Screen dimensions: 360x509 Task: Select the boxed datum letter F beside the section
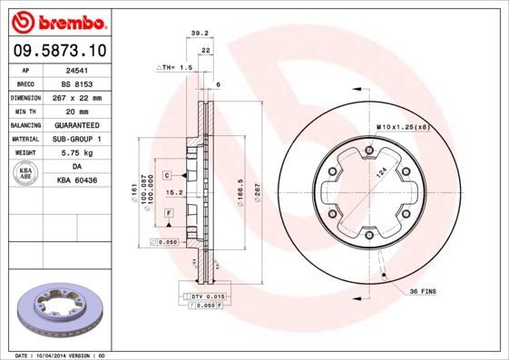click(x=169, y=211)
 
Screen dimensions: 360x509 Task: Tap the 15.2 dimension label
click(x=180, y=192)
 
